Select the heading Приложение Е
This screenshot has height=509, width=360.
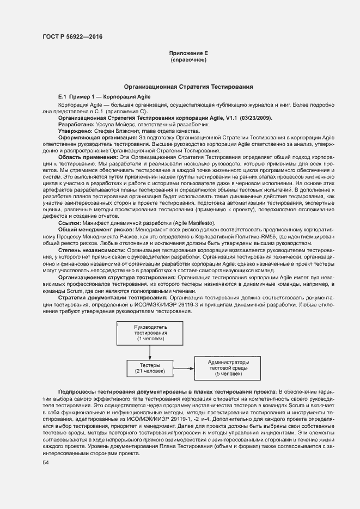point(188,53)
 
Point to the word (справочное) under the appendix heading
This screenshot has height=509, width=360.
point(188,60)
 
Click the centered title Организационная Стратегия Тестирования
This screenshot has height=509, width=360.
point(188,87)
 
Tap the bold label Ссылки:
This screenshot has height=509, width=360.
point(69,223)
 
